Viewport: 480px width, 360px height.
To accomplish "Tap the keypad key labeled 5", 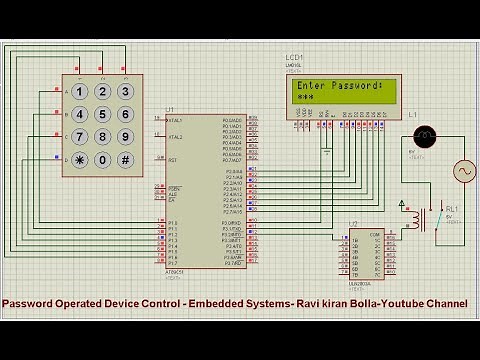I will click(102, 114).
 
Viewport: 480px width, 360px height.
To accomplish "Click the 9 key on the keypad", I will click(125, 137).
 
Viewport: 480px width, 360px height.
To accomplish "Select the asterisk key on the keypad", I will click(79, 160).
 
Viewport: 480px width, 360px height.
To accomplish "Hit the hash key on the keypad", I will click(125, 160).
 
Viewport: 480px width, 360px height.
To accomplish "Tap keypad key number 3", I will click(125, 91).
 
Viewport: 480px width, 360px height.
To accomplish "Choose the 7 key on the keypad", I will click(79, 137).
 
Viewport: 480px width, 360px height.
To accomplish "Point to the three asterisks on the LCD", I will click(306, 98).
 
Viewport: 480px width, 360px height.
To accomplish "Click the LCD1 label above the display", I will click(294, 58).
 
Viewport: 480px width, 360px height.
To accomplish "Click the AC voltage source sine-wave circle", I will click(465, 172).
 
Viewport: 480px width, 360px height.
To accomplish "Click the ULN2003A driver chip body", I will click(361, 256).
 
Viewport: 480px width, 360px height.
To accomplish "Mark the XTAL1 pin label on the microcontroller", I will click(175, 120).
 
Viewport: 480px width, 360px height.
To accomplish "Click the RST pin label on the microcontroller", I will click(173, 160).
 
